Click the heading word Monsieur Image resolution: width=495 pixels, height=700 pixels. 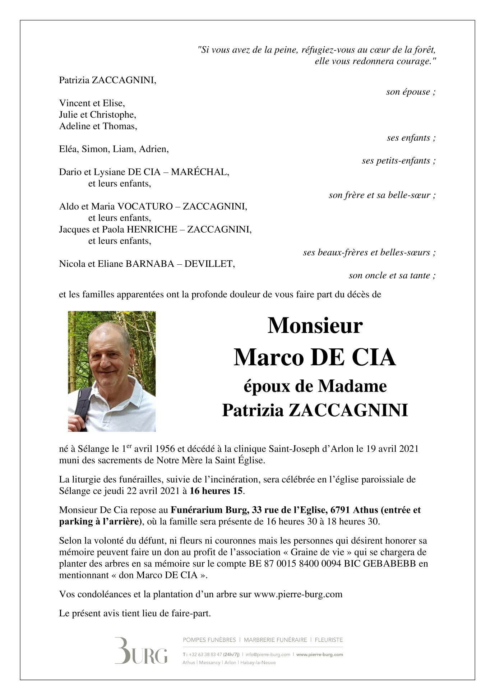point(315,325)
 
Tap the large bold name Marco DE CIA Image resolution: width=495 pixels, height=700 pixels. point(315,357)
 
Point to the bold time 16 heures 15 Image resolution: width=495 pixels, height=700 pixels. point(216,491)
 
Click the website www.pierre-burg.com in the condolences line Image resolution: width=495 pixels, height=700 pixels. point(298,594)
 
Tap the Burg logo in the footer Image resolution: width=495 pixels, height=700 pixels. point(141,650)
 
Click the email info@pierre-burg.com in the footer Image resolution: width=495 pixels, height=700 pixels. point(268,654)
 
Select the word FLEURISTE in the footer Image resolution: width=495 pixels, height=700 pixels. point(329,640)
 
